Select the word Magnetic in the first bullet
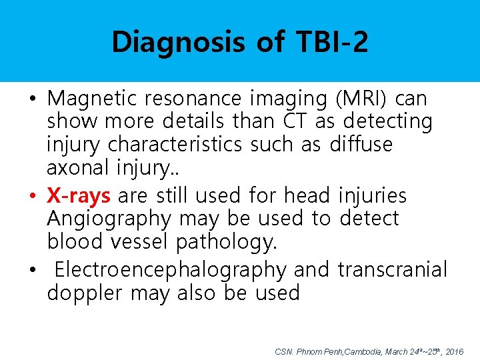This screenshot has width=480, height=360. [91, 99]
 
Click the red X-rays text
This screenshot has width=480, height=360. [79, 195]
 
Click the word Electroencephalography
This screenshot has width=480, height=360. [170, 269]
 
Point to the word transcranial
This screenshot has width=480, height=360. [393, 269]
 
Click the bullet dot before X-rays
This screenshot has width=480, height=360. [33, 197]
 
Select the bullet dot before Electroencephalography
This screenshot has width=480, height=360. [33, 271]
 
